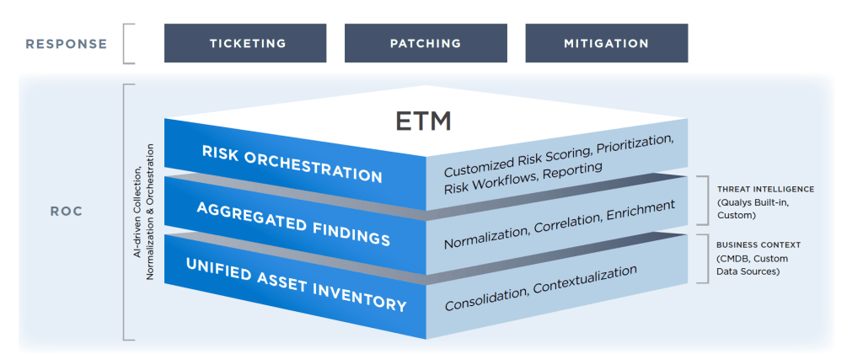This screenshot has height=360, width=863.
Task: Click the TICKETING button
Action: coord(244,43)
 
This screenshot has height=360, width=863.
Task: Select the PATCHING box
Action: coord(426,43)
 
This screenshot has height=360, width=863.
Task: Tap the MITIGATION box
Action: coord(606,43)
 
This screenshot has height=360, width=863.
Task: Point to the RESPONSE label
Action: coord(67,44)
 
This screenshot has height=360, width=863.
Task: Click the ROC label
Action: coord(66,211)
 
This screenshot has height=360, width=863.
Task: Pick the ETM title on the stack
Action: coord(424,121)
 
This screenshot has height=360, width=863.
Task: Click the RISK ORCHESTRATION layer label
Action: coord(292,164)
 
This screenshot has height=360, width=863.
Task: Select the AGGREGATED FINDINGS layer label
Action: coord(293,224)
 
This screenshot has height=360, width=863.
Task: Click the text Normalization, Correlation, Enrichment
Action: coord(560,223)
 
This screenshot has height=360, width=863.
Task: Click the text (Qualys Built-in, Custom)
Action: coord(754,208)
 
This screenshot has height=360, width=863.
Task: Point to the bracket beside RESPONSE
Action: coord(128,44)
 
